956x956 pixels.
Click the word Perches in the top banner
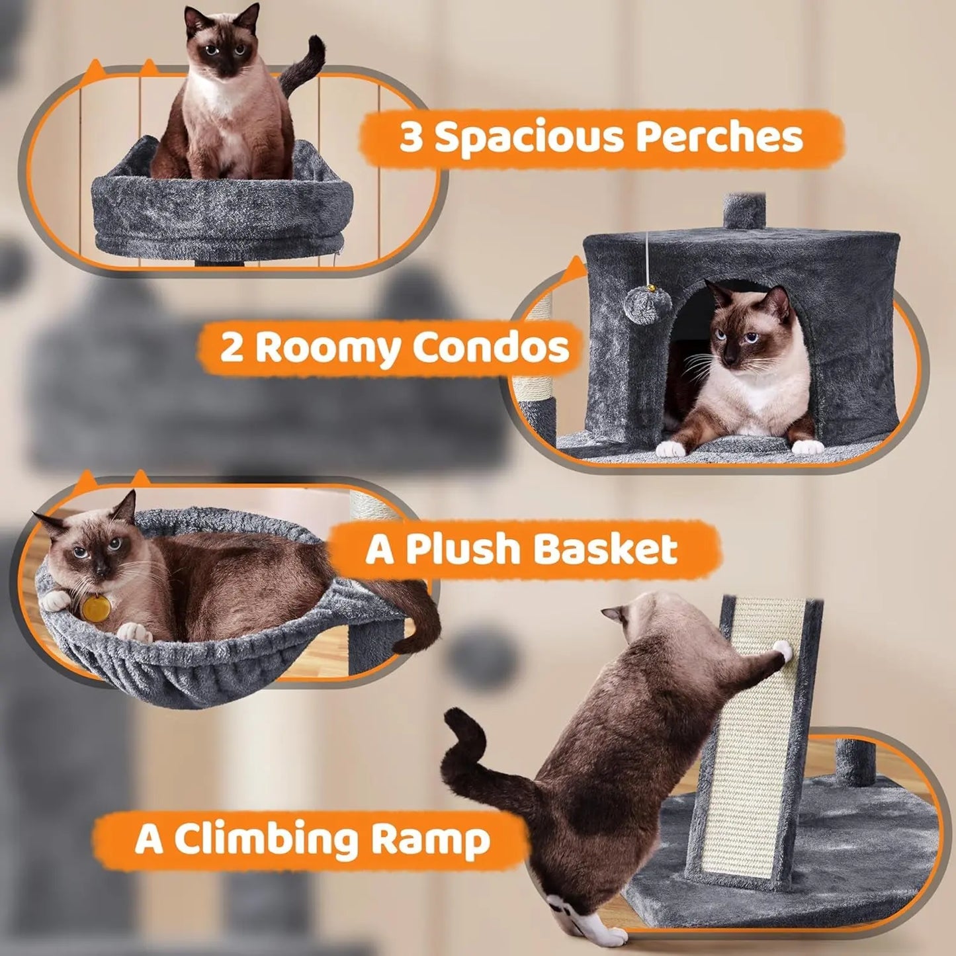pos(719,138)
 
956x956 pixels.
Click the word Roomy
pos(327,348)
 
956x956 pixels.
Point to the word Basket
pos(605,550)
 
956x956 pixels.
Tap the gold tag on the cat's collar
pos(95,608)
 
